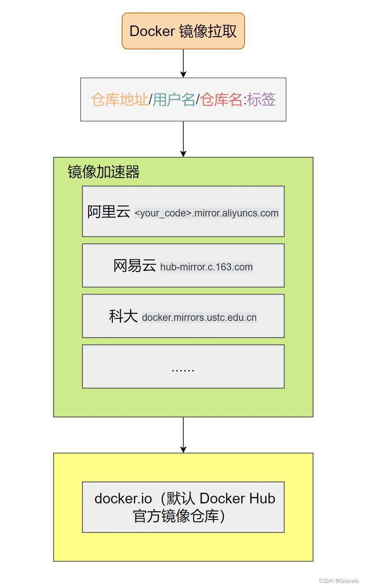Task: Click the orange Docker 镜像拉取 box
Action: coord(183,31)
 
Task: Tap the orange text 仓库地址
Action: coord(120,100)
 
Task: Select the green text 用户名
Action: coord(174,100)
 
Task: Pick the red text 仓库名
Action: coord(221,100)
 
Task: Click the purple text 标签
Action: coord(261,100)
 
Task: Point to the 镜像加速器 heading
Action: coord(103,172)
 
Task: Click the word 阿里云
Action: coord(109,211)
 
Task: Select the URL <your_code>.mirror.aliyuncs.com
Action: coord(206,213)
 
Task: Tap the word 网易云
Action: coord(134,266)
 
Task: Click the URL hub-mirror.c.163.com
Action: coord(206,267)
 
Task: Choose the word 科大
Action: coord(123,316)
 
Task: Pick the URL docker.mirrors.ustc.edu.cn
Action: coord(199,317)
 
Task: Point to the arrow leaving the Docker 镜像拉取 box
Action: coord(183,63)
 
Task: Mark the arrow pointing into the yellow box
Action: coord(183,435)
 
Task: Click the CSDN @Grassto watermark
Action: coord(339,581)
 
